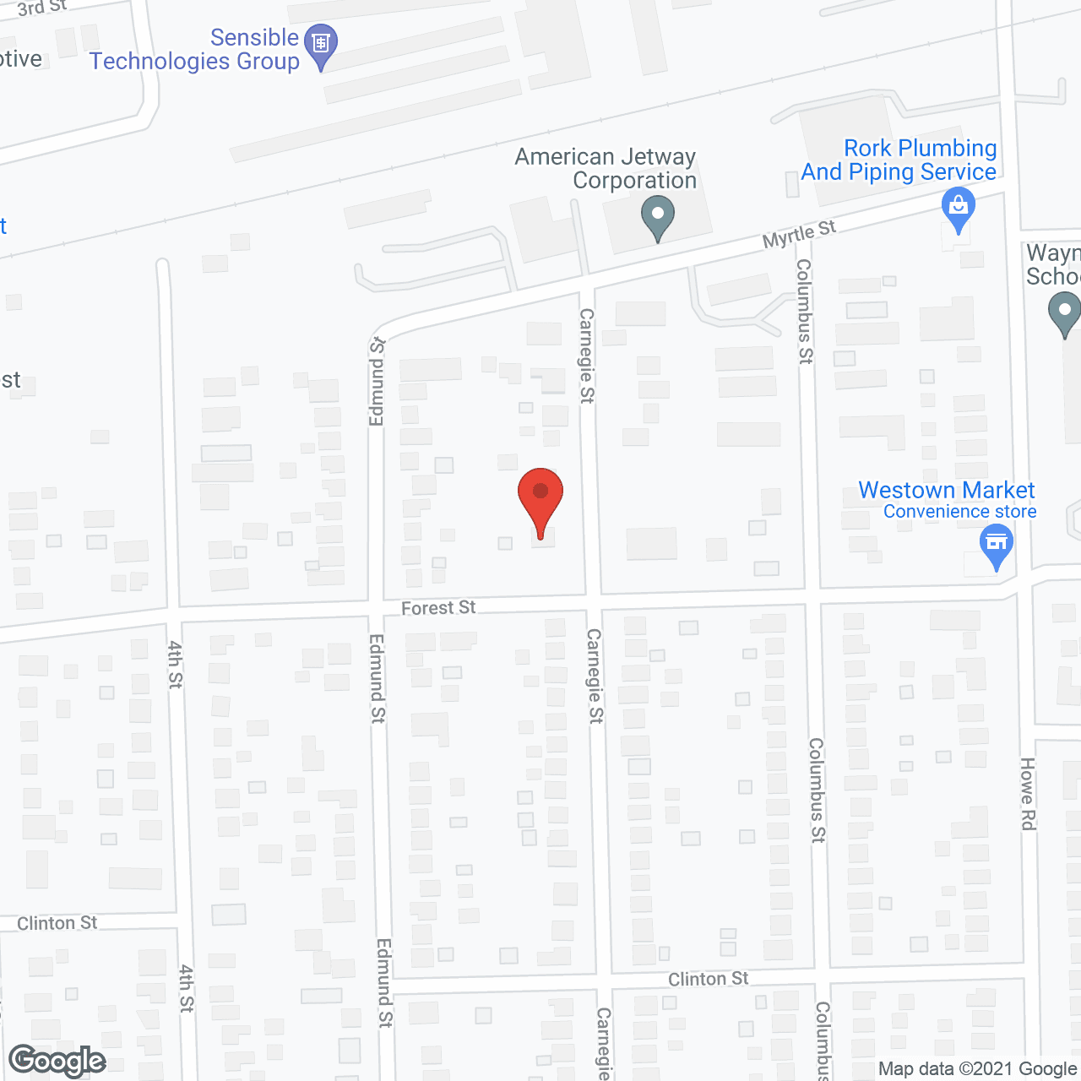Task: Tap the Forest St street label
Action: (x=438, y=608)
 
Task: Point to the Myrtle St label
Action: (x=799, y=234)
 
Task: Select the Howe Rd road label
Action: (x=1028, y=794)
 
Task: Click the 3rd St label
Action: (x=42, y=8)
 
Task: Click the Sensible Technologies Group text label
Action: (x=196, y=50)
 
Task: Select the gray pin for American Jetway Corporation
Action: (x=657, y=217)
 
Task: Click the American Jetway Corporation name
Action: (x=606, y=168)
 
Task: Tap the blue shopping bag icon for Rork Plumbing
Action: (x=958, y=209)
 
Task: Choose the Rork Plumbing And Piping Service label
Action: (x=899, y=160)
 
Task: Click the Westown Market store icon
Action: (x=997, y=543)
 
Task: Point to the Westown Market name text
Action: (x=946, y=490)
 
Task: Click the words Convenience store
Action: (x=959, y=512)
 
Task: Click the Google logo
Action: (x=57, y=1061)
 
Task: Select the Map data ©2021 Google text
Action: (x=977, y=1069)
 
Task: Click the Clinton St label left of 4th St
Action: (x=57, y=923)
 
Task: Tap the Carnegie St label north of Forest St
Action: (x=586, y=356)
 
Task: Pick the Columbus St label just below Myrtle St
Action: (x=804, y=311)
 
